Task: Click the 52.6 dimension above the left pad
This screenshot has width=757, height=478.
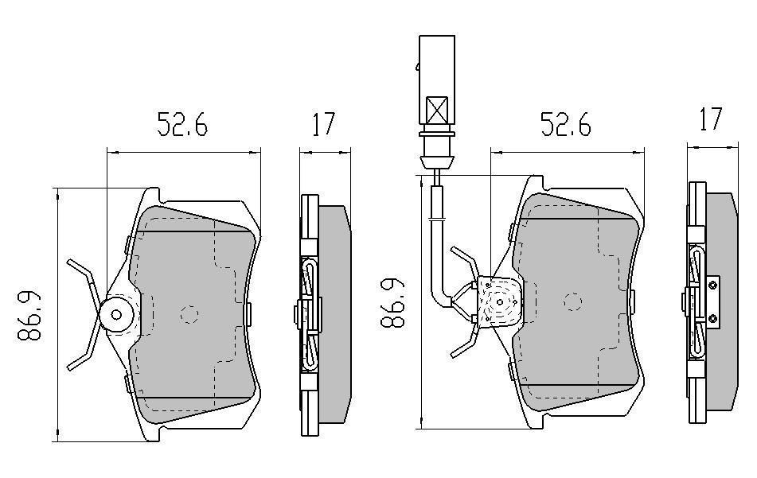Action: point(182,125)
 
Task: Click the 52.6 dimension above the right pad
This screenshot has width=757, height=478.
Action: point(566,125)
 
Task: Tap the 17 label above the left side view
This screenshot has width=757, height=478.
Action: point(323,125)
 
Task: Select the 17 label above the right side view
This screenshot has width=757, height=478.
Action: point(709,119)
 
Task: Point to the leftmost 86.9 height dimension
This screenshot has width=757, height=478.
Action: point(31,316)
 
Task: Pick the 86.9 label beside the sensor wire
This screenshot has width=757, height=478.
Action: point(392,304)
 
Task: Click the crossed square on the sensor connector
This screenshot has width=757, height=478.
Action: point(438,109)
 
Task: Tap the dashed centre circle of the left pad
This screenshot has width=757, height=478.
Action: point(189,314)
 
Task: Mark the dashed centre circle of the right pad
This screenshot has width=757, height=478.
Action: point(572,301)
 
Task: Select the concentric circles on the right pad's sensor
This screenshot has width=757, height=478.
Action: point(498,302)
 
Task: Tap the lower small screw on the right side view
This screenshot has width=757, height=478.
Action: point(713,320)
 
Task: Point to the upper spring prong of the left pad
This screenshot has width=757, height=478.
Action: point(80,270)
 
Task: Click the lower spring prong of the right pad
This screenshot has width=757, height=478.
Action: point(463,346)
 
